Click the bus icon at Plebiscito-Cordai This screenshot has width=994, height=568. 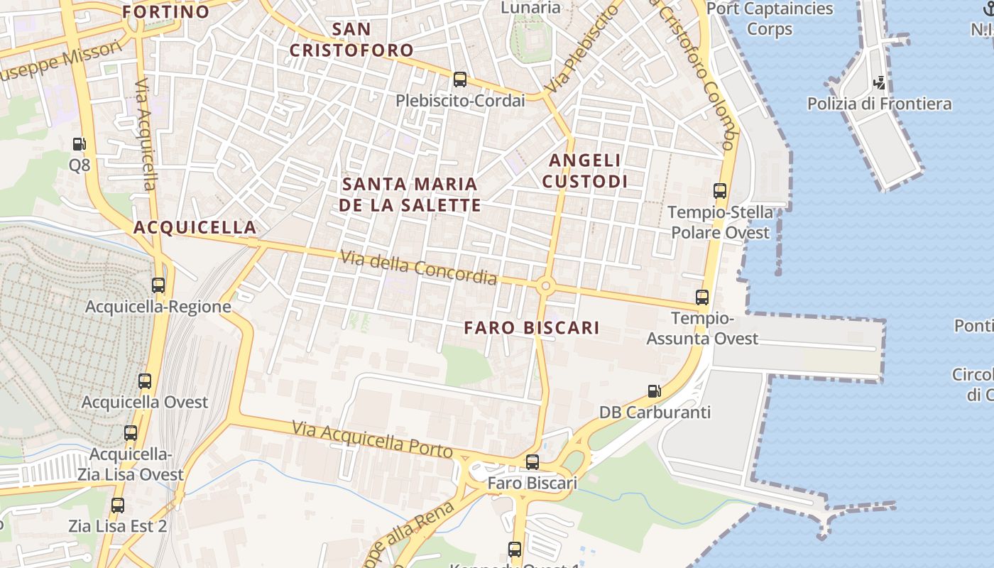point(460,79)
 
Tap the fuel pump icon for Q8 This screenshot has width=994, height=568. point(79,144)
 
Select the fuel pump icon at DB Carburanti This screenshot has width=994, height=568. point(654,390)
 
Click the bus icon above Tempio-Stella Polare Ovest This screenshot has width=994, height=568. point(720,190)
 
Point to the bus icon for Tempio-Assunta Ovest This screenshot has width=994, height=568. point(702,297)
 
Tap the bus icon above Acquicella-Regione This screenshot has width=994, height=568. point(158,285)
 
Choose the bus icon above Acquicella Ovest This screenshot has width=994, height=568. point(145,381)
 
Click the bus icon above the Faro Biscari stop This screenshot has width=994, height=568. point(532,462)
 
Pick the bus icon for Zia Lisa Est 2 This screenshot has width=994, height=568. point(118,506)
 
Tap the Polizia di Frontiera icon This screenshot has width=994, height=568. point(880,82)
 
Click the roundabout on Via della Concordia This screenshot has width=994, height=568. point(545,286)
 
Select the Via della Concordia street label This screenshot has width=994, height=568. point(418,268)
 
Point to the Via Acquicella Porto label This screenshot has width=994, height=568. point(372,439)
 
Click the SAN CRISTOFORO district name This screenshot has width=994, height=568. point(351,40)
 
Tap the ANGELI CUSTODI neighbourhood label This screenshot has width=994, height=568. point(585,171)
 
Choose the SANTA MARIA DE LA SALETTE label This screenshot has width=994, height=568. point(410,195)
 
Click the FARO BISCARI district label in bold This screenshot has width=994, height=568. point(532,327)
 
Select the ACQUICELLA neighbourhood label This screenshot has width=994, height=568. point(195,227)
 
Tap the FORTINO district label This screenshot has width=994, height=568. point(166,11)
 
